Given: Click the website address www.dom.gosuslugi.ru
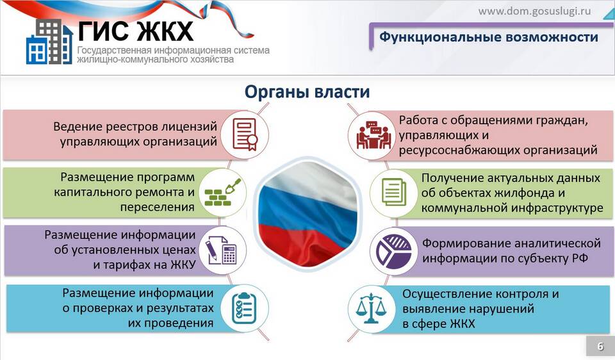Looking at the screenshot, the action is tap(534, 11).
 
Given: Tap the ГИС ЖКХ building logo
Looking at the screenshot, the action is tap(49, 42).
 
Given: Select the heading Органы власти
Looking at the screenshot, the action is tap(307, 92).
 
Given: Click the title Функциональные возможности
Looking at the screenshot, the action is tap(488, 37).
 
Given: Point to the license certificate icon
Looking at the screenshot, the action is tap(245, 135).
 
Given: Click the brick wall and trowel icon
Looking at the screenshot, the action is tap(223, 192).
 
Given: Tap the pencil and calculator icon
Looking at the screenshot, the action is tap(221, 250).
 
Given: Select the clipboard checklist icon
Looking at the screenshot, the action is tap(244, 308).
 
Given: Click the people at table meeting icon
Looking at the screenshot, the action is tap(373, 135).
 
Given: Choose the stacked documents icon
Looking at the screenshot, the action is tap(394, 192).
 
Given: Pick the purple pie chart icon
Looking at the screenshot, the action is tap(394, 251).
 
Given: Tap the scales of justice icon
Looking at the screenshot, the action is tap(371, 309).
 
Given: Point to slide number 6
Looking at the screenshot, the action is tap(600, 347).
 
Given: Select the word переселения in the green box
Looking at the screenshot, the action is tap(158, 207).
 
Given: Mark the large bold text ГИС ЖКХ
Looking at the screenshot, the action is tap(136, 31).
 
